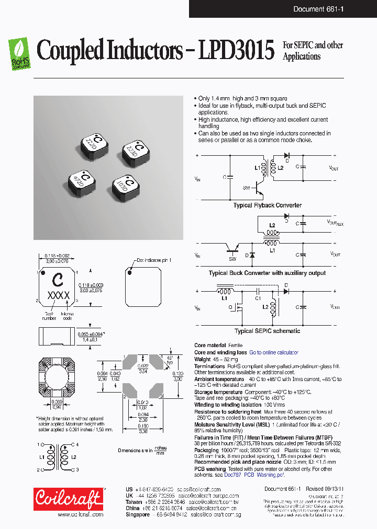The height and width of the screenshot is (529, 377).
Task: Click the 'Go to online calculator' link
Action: [x=273, y=353]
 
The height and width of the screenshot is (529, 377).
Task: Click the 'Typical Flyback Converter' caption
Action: [x=267, y=205]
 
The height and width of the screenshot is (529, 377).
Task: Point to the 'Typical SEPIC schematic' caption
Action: [x=267, y=331]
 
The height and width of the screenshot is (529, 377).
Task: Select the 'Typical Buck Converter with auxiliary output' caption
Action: [x=267, y=273]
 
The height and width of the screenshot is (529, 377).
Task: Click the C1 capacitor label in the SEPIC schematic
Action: [x=258, y=298]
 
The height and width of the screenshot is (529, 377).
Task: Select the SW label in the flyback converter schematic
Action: [x=246, y=187]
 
